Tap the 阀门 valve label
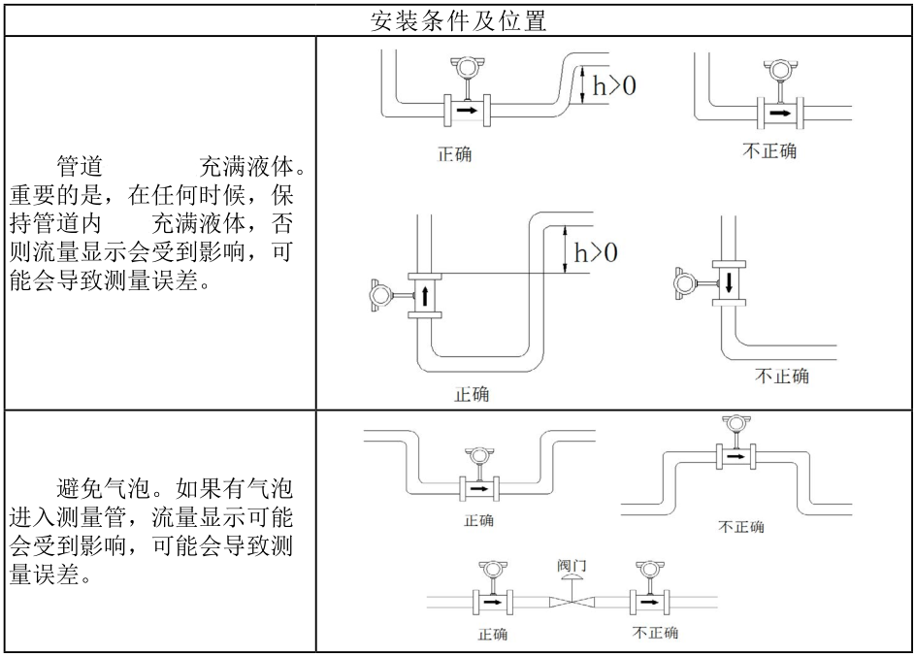572,564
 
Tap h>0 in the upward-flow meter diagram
596,253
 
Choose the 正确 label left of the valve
492,635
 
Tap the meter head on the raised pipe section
734,424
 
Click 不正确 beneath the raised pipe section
740,526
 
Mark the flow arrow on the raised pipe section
735,455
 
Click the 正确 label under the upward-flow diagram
472,395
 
